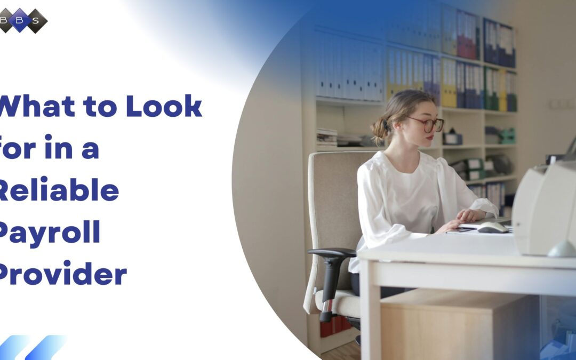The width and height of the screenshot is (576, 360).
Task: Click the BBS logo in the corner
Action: click(23, 20)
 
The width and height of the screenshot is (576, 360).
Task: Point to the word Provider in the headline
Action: click(62, 275)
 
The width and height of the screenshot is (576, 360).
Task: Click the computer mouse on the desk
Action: click(492, 228)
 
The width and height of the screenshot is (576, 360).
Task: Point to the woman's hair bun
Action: click(379, 127)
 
